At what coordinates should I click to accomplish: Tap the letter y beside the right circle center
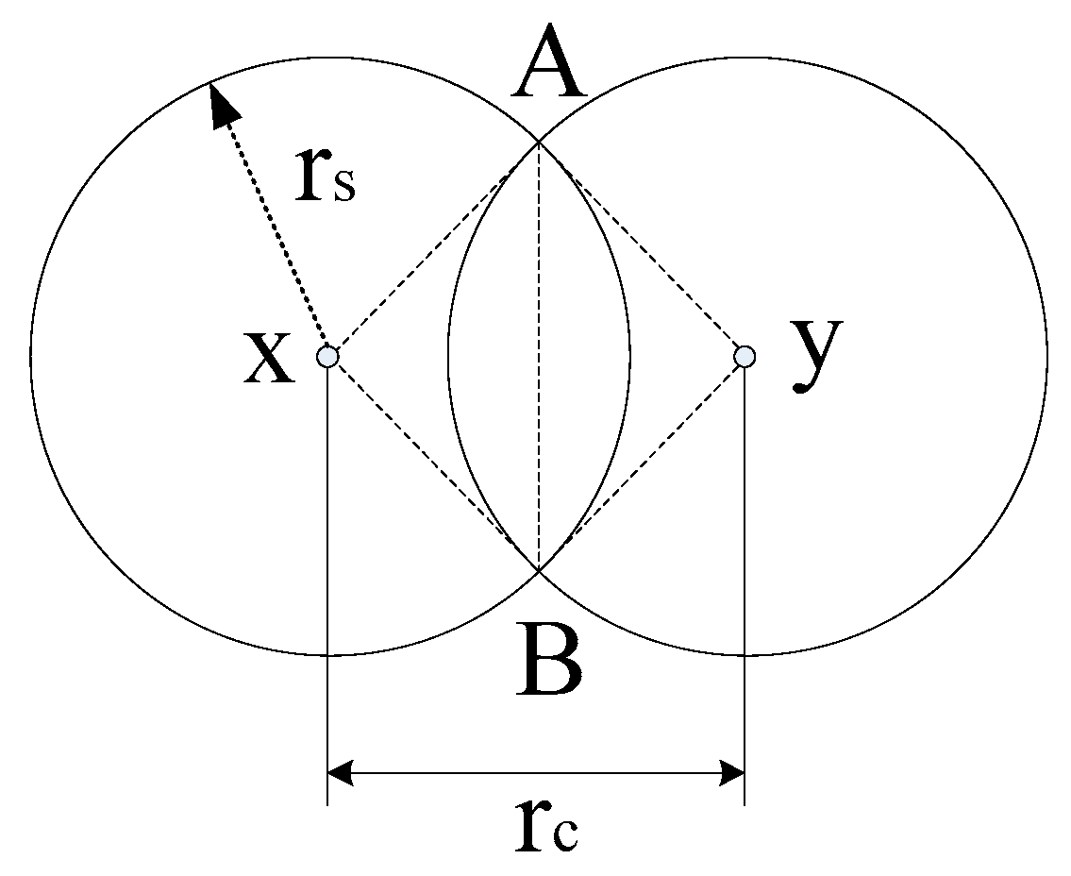815,354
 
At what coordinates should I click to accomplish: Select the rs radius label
324,175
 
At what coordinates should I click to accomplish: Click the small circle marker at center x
326,357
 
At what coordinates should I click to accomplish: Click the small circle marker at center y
745,356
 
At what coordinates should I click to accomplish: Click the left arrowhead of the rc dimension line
341,774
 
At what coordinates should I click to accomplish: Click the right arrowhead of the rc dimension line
731,774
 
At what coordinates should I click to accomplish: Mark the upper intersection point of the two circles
538,142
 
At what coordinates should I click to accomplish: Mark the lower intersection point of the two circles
538,570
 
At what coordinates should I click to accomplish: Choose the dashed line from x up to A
432,249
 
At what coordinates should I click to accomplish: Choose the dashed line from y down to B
642,463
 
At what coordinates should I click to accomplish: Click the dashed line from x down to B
432,463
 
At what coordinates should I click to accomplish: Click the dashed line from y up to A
642,249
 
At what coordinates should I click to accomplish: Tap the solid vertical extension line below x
326,585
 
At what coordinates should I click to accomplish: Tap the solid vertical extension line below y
745,585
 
